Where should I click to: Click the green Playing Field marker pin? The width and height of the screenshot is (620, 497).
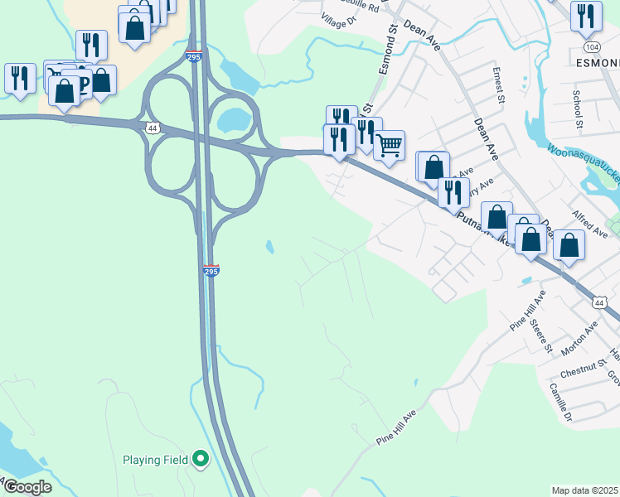[200, 459]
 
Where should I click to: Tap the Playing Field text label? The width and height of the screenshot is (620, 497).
[156, 460]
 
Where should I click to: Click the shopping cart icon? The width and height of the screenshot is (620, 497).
[389, 147]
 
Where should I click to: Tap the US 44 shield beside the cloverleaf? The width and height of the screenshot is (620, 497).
[152, 128]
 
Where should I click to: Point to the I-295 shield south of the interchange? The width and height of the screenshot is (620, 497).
[211, 271]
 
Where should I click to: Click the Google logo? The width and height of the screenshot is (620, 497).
[27, 487]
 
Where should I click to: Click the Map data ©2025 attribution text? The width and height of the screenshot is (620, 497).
[585, 490]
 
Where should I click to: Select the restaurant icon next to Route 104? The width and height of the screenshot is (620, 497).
[586, 16]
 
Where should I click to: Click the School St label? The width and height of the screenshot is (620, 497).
[578, 112]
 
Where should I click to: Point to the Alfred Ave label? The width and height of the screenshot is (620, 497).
[590, 218]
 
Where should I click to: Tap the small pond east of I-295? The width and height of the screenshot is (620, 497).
[269, 247]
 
